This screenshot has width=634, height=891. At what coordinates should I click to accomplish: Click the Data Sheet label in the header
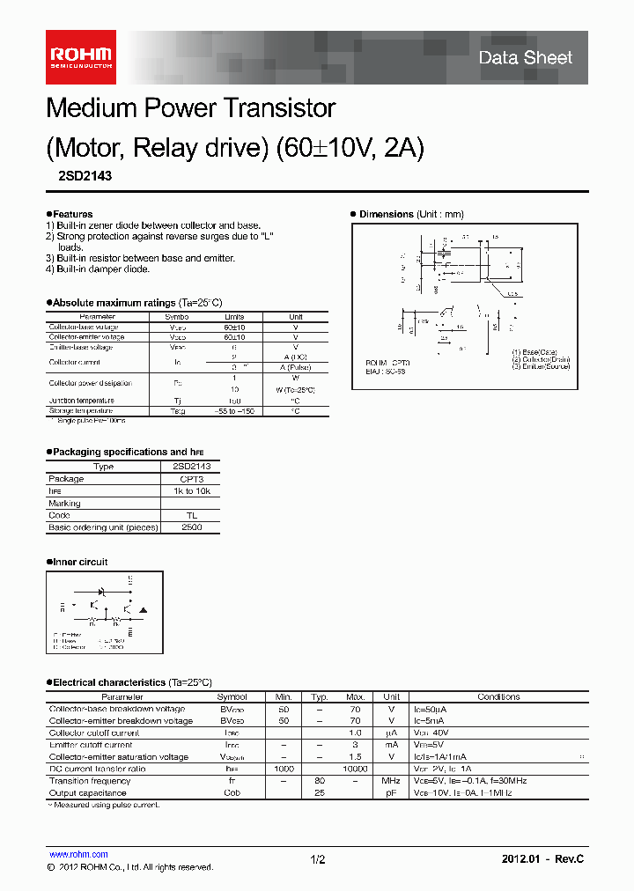pyautogui.click(x=526, y=58)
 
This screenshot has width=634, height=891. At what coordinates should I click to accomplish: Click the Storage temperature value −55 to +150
pyautogui.click(x=233, y=411)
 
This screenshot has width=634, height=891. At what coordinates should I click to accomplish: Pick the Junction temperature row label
pyautogui.click(x=81, y=401)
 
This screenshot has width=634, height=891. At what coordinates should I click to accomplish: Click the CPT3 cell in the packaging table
pyautogui.click(x=191, y=479)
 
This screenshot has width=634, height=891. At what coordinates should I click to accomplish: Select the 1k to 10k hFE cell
pyautogui.click(x=191, y=491)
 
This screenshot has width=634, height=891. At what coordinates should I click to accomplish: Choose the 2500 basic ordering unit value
pyautogui.click(x=191, y=527)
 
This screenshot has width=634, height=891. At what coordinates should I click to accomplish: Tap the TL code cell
pyautogui.click(x=191, y=516)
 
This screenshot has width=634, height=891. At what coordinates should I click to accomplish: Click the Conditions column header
pyautogui.click(x=498, y=696)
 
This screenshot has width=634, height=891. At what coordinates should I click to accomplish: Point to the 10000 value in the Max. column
pyautogui.click(x=355, y=769)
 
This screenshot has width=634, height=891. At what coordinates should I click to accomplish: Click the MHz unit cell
pyautogui.click(x=391, y=781)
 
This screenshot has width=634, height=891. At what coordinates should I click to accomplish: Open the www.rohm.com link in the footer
pyautogui.click(x=78, y=854)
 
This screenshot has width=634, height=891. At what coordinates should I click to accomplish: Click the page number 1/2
pyautogui.click(x=318, y=859)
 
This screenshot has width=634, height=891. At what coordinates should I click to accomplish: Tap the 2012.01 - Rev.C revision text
pyautogui.click(x=542, y=858)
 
